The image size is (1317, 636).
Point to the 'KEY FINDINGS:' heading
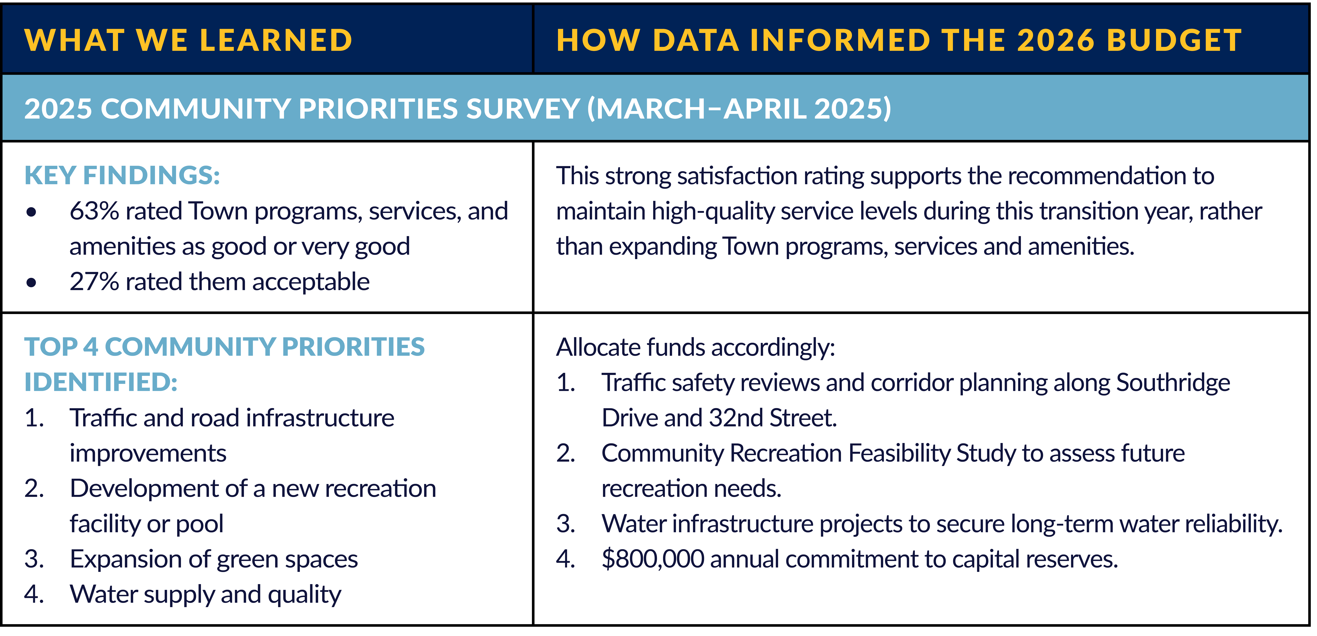click(122, 175)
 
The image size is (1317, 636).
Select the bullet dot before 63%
click(32, 212)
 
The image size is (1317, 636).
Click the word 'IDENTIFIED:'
click(101, 382)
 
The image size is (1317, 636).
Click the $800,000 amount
click(653, 559)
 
